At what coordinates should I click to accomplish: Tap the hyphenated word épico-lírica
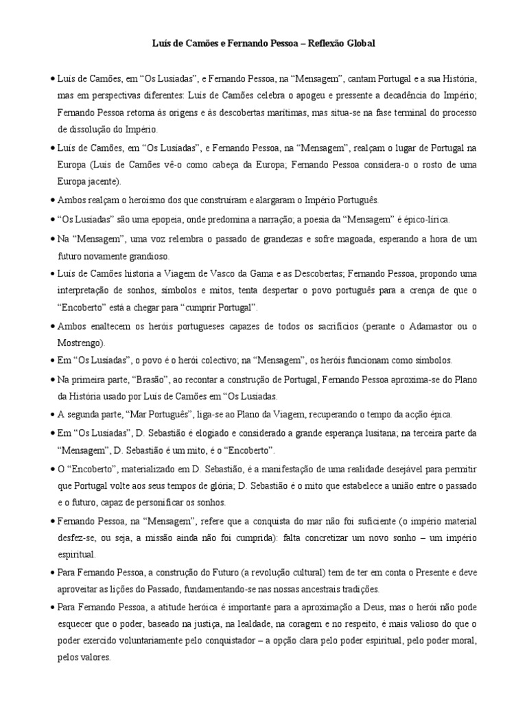[x=423, y=219]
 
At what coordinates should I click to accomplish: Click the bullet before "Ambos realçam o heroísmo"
[x=53, y=200]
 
